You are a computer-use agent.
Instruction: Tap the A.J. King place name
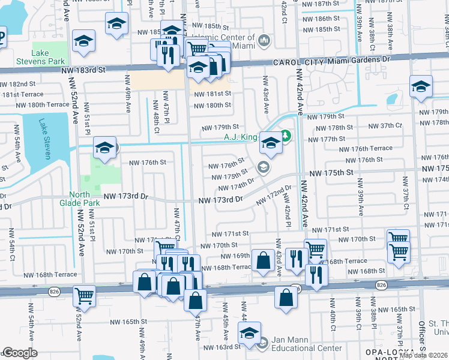point(241,137)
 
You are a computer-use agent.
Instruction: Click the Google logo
point(20,353)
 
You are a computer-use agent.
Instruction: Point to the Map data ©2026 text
point(424,355)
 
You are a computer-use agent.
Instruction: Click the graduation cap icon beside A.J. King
point(271,143)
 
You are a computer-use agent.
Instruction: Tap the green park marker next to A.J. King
point(286,136)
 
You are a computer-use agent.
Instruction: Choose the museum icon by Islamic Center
point(265,41)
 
